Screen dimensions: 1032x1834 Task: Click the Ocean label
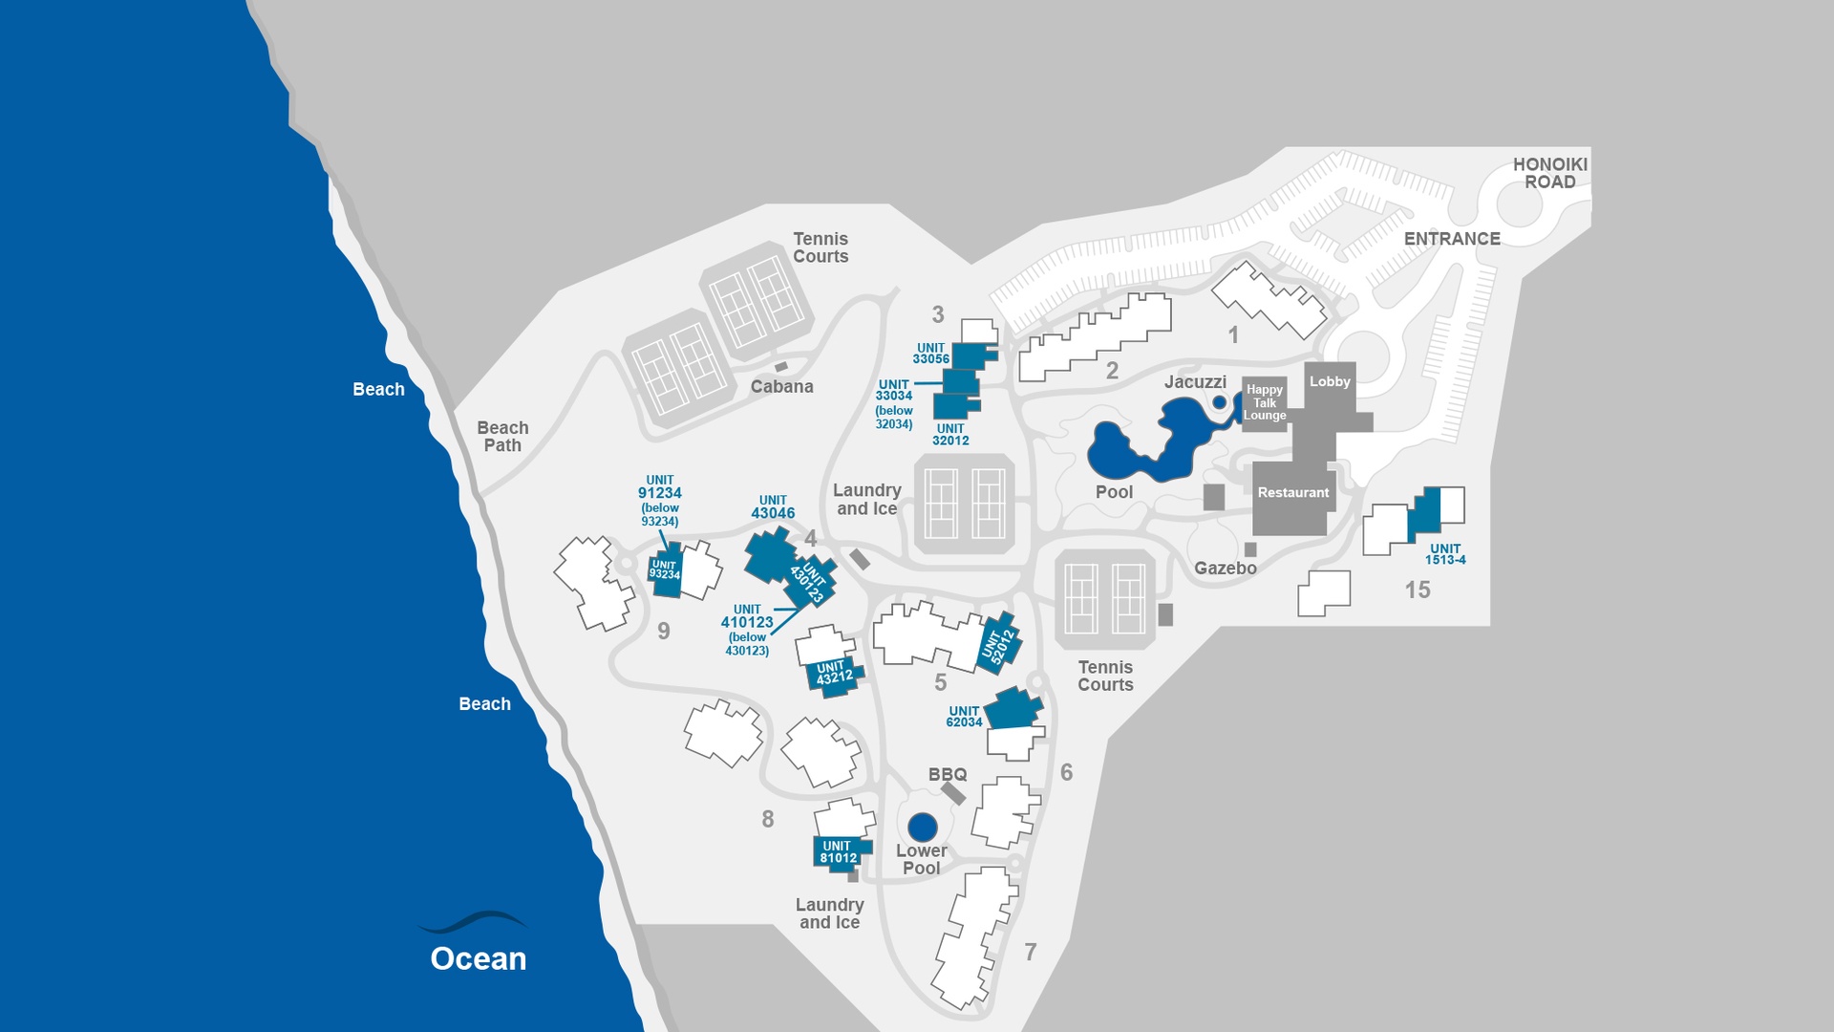tap(478, 958)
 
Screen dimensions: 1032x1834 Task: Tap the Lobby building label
tap(1330, 381)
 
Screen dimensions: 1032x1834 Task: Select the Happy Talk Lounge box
tap(1265, 402)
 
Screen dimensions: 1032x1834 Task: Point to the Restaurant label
tap(1292, 493)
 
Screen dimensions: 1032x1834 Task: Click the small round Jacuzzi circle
tap(1219, 402)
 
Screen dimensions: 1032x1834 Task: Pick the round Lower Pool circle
tap(922, 827)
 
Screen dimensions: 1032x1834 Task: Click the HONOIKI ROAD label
tap(1549, 173)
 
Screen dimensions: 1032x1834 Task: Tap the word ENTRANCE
tap(1452, 239)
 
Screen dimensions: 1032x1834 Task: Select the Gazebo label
tap(1225, 569)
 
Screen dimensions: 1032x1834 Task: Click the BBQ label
tap(948, 774)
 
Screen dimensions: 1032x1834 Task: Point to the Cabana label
tap(781, 387)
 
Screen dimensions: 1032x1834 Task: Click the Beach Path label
tap(502, 437)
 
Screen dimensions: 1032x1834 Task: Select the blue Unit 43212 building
tap(834, 675)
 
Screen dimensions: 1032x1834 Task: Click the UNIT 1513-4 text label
tap(1445, 554)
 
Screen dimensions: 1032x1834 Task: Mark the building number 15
tap(1418, 591)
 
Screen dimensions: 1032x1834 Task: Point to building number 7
tap(1030, 952)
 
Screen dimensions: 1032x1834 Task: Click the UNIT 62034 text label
tap(964, 717)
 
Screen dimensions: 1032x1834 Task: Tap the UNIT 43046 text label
tap(773, 507)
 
